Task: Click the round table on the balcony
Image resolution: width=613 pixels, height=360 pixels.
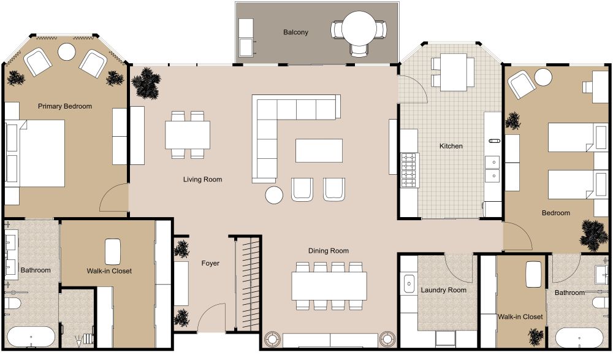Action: tap(362, 28)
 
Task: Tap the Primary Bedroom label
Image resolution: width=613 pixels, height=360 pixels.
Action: tap(65, 106)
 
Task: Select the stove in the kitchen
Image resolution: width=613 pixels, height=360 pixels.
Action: tap(409, 170)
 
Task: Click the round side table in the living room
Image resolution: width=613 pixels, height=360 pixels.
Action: tap(274, 195)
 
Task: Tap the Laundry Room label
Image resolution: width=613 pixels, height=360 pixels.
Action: tap(443, 290)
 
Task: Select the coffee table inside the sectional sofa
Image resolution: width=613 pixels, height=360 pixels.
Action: tap(319, 150)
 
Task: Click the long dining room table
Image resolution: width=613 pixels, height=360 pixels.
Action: tap(329, 285)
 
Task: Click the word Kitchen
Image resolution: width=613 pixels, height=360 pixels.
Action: tap(451, 146)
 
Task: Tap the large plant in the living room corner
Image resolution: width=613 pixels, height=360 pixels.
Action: tap(146, 82)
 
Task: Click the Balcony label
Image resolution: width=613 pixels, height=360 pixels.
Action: tap(295, 32)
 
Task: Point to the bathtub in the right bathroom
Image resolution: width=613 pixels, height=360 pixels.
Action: tap(579, 338)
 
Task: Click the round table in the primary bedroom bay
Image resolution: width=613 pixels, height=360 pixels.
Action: tap(66, 52)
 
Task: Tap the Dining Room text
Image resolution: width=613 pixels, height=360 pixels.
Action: tap(329, 250)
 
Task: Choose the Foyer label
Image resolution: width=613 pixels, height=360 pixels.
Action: tap(210, 263)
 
